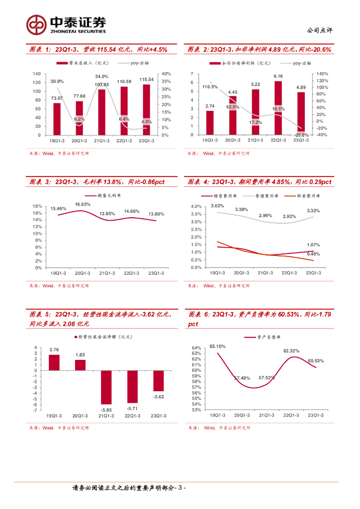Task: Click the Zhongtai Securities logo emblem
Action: coord(36,24)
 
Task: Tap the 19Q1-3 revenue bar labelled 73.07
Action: coord(57,119)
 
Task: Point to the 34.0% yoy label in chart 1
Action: coord(101,77)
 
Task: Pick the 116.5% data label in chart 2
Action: coord(210,87)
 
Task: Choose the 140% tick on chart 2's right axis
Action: coord(322,74)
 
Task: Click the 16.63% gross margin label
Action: coord(83,204)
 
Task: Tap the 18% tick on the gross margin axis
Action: coord(37,206)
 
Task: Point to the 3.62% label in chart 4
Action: coord(217,205)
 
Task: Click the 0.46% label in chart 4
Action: coord(313,254)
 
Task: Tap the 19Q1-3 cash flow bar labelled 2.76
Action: coord(54,362)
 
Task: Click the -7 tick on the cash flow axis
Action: coord(35,410)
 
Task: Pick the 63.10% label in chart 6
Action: coord(217,346)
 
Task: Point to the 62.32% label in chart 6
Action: coord(291,350)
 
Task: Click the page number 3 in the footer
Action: coord(180,488)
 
